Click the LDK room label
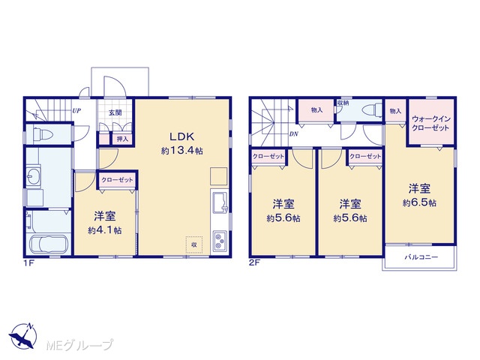click(x=182, y=136)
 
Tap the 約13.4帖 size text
click(x=181, y=151)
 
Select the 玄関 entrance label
click(x=115, y=112)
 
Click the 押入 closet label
click(x=122, y=139)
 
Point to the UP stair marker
click(x=76, y=110)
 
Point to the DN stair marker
click(x=293, y=133)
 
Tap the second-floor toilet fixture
click(x=372, y=109)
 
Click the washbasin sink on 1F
click(x=33, y=175)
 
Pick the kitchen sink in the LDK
click(x=219, y=202)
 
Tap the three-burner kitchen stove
click(x=220, y=240)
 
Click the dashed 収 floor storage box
click(x=194, y=244)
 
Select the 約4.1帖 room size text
click(x=105, y=230)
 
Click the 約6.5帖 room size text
click(x=419, y=202)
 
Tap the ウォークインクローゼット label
click(x=430, y=123)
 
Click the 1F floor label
click(x=28, y=263)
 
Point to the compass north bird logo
click(x=23, y=336)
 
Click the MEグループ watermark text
click(x=80, y=345)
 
